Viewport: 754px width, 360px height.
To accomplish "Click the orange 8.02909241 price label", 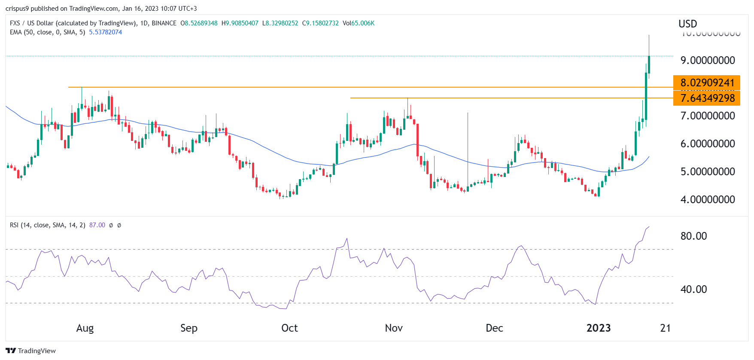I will pos(707,82).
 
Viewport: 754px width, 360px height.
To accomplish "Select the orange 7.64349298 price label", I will pos(707,98).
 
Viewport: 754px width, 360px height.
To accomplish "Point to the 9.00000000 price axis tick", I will pos(708,60).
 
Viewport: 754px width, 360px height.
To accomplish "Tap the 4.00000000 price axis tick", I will pos(708,199).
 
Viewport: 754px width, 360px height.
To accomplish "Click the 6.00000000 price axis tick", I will pos(708,143).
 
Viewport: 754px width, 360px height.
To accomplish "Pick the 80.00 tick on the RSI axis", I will pos(693,236).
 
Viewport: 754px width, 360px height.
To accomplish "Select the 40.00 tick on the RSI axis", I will pos(693,289).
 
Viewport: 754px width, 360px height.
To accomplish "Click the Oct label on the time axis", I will pos(289,328).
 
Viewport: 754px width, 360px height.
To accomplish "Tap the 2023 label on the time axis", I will pos(599,328).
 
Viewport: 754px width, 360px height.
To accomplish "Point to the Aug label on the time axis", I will pos(85,328).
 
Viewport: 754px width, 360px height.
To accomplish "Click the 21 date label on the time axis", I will pos(665,328).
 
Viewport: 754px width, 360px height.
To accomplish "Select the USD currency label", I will pos(687,24).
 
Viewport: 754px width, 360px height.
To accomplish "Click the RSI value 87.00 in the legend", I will pos(97,225).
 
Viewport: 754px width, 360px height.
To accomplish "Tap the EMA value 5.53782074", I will pos(105,32).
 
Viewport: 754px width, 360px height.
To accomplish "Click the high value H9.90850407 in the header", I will pos(240,23).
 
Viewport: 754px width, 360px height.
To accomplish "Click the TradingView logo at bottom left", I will pos(31,351).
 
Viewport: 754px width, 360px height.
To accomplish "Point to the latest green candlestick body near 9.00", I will pos(649,64).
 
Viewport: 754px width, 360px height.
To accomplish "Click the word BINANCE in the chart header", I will pos(164,23).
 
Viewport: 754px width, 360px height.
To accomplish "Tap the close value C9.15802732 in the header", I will pos(320,23).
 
